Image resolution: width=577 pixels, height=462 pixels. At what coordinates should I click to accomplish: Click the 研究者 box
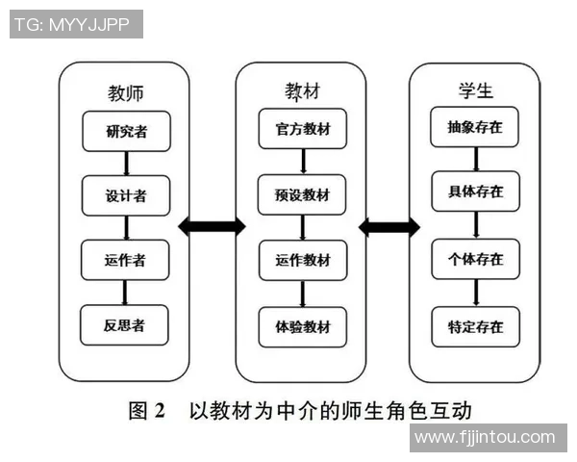127,132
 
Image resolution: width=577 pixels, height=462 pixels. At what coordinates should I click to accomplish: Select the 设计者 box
127,196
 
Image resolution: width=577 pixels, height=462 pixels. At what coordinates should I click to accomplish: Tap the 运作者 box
127,261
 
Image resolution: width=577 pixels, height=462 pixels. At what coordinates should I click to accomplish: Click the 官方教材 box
303,129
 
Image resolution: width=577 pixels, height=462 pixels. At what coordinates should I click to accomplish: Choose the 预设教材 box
303,195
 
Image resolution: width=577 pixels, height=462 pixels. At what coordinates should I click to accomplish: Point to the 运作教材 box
303,261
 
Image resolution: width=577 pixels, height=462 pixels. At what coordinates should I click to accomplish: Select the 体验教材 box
303,327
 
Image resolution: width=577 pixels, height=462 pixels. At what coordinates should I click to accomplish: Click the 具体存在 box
475,192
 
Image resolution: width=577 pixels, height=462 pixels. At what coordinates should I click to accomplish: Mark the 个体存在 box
475,260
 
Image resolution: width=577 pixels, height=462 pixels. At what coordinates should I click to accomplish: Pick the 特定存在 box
475,326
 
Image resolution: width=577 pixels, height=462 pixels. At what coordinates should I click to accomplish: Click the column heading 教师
127,93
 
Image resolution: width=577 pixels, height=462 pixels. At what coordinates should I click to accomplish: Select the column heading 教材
303,91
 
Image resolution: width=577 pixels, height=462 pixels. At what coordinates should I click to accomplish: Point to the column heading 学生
475,91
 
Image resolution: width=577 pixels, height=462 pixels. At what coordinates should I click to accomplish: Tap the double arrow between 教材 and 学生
389,227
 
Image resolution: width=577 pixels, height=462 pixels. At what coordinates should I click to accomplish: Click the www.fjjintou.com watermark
485,438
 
